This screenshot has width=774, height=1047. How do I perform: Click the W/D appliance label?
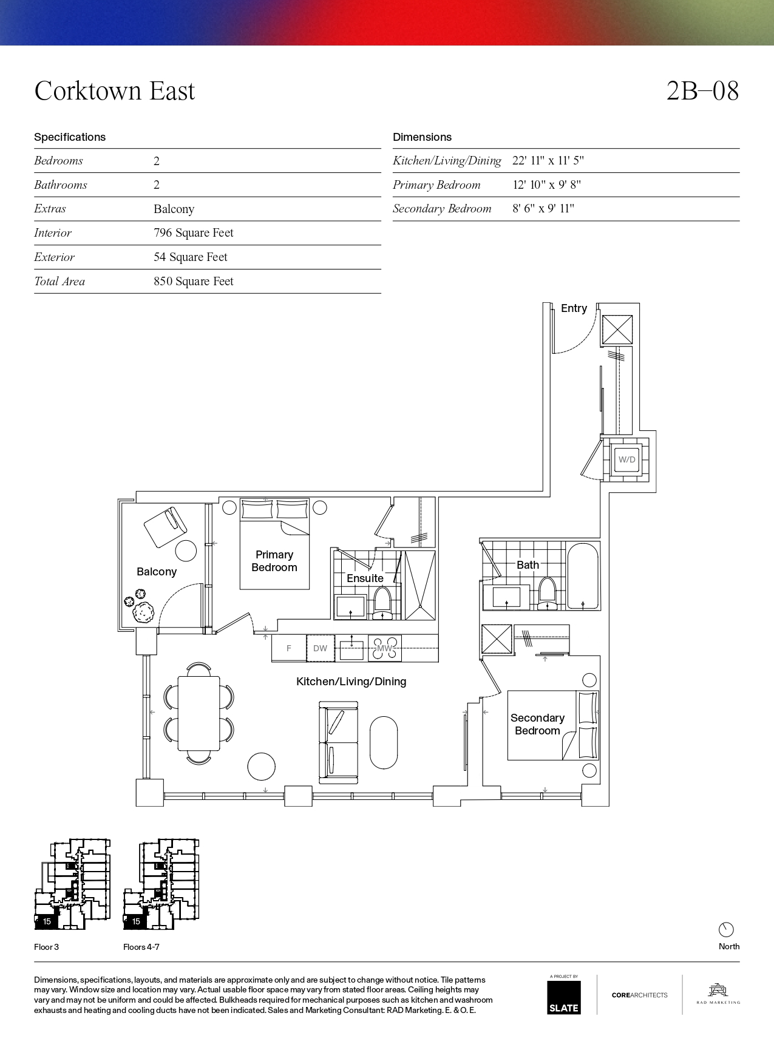coord(627,459)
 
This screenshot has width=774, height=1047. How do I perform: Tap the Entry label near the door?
coord(574,308)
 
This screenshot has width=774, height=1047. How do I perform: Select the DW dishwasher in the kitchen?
coord(320,648)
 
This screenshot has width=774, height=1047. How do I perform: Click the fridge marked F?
coord(288,648)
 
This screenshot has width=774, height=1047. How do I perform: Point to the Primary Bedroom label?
coord(274,561)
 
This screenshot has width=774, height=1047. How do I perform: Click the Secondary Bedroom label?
coord(537,724)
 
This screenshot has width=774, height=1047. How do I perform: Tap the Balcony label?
coord(157,572)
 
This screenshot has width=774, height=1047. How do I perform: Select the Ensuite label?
coord(365,578)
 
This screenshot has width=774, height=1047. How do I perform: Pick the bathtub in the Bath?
coord(583,577)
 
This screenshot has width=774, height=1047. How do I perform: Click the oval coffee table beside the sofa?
coord(384,742)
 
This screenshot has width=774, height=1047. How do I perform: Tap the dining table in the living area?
coord(199,714)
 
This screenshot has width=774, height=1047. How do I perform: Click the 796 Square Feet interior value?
coord(194,233)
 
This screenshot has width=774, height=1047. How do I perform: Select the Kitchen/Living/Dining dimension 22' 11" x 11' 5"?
coord(548,161)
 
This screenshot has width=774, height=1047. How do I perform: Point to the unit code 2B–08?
coord(702,91)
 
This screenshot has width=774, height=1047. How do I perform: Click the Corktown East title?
coord(115,91)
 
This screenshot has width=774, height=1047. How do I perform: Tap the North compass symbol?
coord(726,929)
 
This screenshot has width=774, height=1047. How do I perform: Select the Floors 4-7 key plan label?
coord(141,947)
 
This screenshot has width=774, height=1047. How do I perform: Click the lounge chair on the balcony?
coord(165,527)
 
